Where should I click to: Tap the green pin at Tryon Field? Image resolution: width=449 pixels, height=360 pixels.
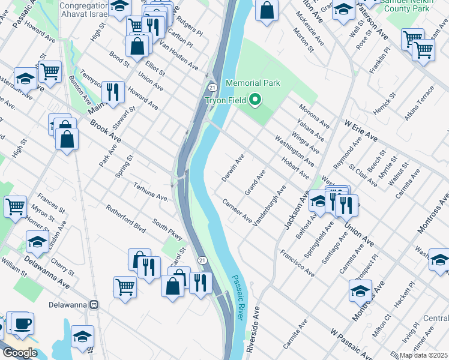256,100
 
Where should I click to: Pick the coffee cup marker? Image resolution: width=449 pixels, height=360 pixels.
23,323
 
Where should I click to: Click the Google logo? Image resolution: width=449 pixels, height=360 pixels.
20,353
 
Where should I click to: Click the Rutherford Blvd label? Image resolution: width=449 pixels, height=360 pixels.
125,220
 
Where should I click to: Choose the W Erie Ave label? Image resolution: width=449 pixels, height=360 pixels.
360,129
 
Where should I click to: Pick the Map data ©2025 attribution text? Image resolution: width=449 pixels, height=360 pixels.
424,355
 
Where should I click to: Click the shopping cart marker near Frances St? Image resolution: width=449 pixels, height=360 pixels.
15,206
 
